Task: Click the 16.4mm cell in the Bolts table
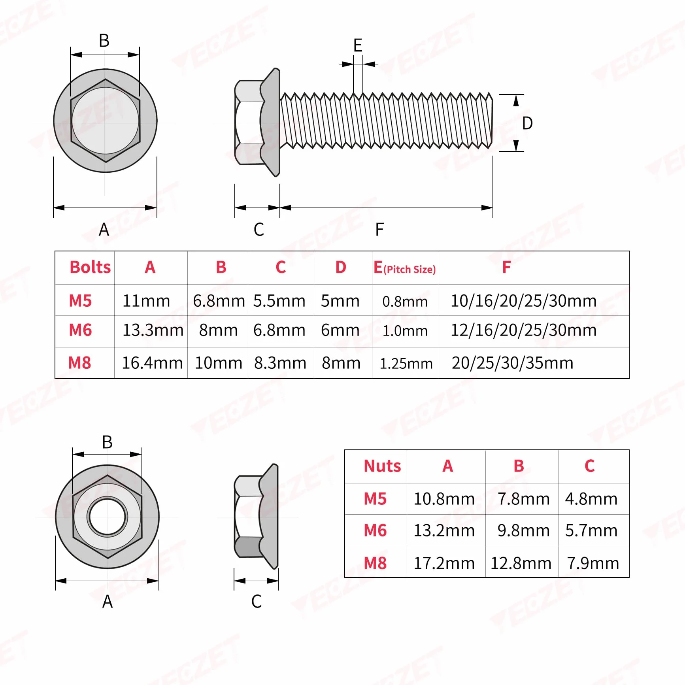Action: tap(152, 363)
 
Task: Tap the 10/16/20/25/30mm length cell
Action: tap(524, 301)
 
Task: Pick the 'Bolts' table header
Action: tap(90, 267)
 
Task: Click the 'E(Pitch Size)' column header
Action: tap(405, 268)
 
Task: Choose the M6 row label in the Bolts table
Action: tap(80, 330)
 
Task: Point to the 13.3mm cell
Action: tap(153, 330)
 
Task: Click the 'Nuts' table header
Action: tap(382, 466)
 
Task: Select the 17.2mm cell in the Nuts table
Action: tap(444, 563)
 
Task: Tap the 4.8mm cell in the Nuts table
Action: tap(591, 499)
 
